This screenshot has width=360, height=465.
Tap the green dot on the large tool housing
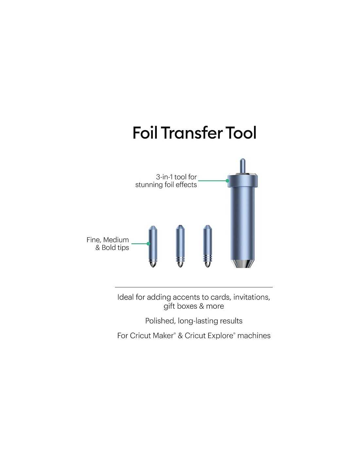pos(227,181)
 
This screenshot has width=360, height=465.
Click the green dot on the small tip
pos(148,244)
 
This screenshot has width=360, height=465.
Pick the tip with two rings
pos(180,246)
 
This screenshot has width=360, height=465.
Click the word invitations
pos(252,297)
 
